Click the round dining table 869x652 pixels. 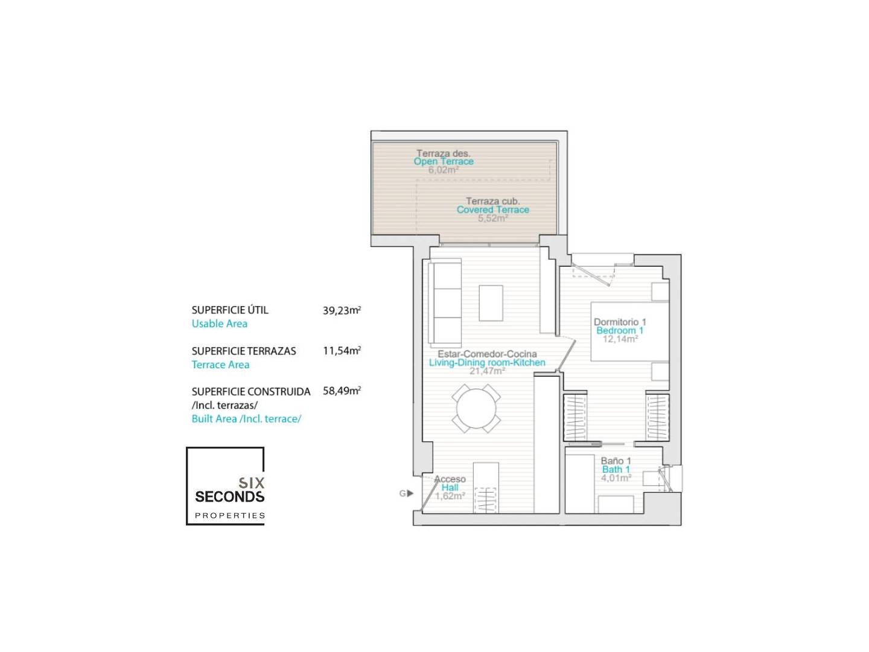(476, 408)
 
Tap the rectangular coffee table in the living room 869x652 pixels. (491, 303)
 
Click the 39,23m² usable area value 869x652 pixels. (342, 310)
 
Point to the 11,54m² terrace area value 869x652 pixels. (342, 351)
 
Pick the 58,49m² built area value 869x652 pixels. (342, 391)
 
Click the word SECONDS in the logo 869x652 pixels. (230, 496)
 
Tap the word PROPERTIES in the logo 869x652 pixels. (230, 516)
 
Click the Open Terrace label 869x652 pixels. (444, 162)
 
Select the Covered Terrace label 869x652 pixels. (492, 210)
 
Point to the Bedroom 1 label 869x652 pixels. (620, 331)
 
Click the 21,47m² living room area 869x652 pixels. (487, 371)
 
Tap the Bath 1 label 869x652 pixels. (616, 470)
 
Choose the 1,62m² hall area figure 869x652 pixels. (450, 496)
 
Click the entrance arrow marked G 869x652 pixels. (410, 493)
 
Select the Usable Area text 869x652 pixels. (219, 324)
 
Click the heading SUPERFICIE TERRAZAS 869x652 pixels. (243, 351)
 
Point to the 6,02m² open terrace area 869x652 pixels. (444, 170)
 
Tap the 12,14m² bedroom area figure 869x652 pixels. (620, 339)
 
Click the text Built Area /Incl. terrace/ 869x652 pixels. (246, 419)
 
